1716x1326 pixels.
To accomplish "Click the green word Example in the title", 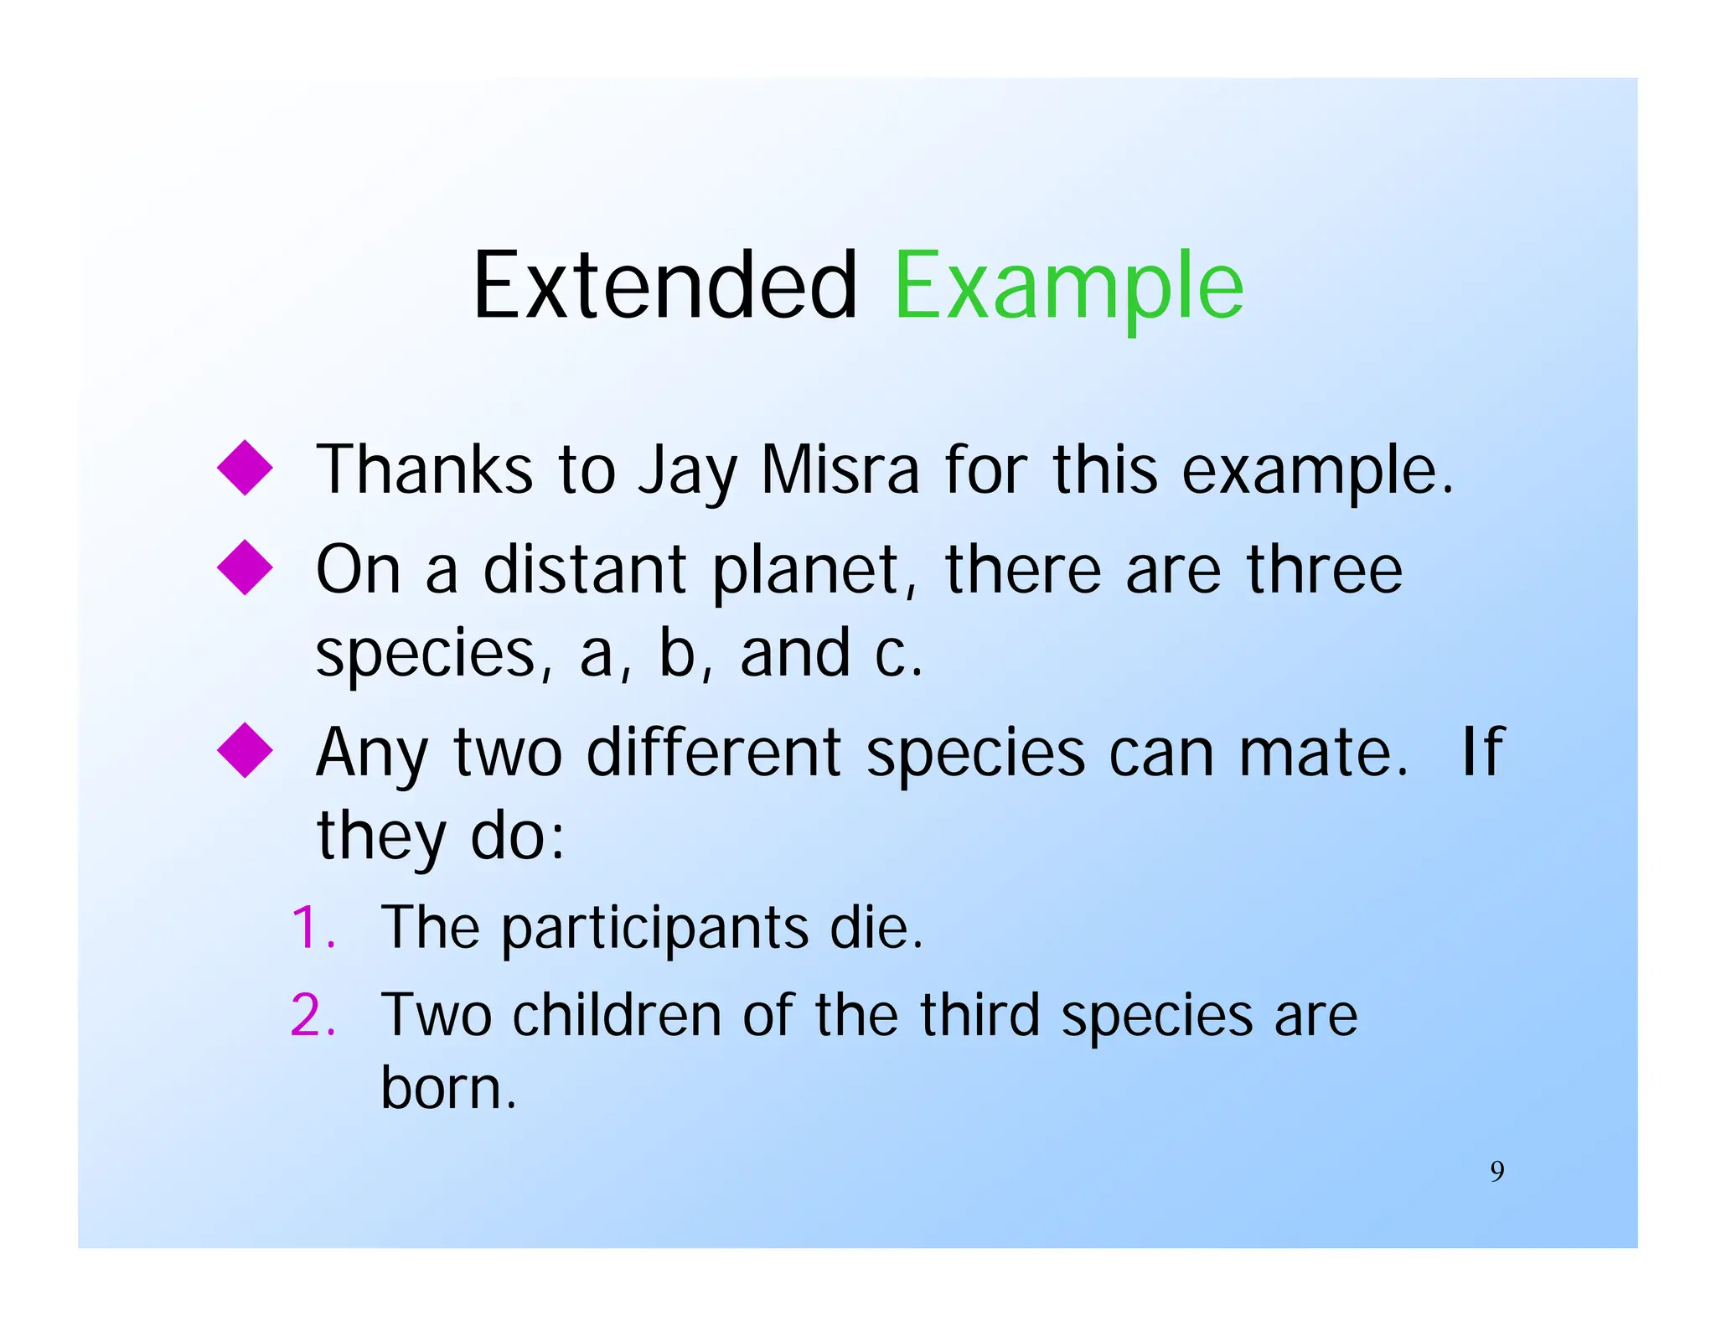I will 1068,287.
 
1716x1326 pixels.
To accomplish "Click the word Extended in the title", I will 664,287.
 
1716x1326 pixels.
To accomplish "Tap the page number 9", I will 1496,1171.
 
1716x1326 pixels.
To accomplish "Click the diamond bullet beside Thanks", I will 245,468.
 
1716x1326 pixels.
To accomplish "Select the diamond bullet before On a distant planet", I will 245,567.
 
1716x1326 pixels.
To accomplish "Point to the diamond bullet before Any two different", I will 245,750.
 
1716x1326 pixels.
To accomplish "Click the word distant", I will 585,570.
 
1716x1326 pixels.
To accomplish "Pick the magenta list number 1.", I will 313,929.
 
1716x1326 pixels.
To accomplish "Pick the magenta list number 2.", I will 313,1015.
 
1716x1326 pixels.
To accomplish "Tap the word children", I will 616,1015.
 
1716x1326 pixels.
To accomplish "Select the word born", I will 448,1087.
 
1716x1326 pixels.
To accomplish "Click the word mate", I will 1322,752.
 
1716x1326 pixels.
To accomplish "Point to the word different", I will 713,752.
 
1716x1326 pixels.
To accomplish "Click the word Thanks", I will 424,469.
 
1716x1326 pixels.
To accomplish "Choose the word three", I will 1324,570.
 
